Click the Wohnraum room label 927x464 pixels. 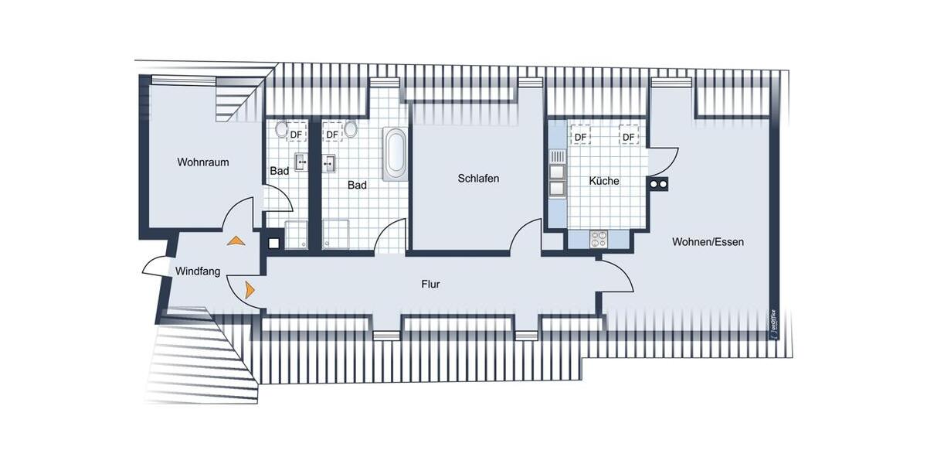point(203,162)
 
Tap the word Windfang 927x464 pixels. point(198,271)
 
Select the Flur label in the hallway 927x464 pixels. point(430,285)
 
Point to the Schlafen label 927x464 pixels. point(478,179)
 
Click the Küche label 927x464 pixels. point(603,181)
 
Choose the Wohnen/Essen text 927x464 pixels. point(708,242)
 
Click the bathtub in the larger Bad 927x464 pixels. point(395,153)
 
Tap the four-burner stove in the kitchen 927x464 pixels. point(599,239)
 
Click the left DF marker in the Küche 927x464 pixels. point(580,137)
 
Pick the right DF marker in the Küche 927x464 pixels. point(629,137)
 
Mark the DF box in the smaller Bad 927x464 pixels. point(295,135)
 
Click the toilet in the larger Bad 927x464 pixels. point(351,129)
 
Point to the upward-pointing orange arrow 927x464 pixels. point(236,241)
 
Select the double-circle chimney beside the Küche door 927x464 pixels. point(658,184)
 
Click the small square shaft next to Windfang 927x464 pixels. point(273,242)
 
